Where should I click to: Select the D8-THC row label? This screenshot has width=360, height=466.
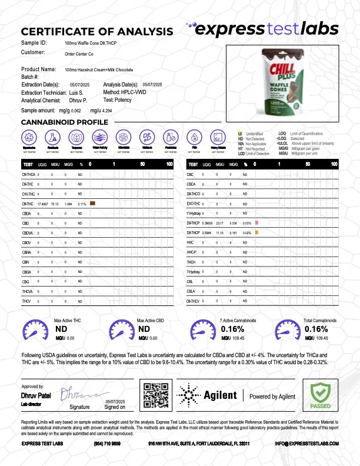click(x=28, y=204)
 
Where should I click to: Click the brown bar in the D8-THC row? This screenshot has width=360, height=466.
click(x=92, y=204)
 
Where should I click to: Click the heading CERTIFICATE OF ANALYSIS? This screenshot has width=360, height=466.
click(x=97, y=31)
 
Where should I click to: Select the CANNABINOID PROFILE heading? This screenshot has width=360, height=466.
click(x=64, y=122)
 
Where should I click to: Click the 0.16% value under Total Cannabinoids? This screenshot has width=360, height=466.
click(x=315, y=329)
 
